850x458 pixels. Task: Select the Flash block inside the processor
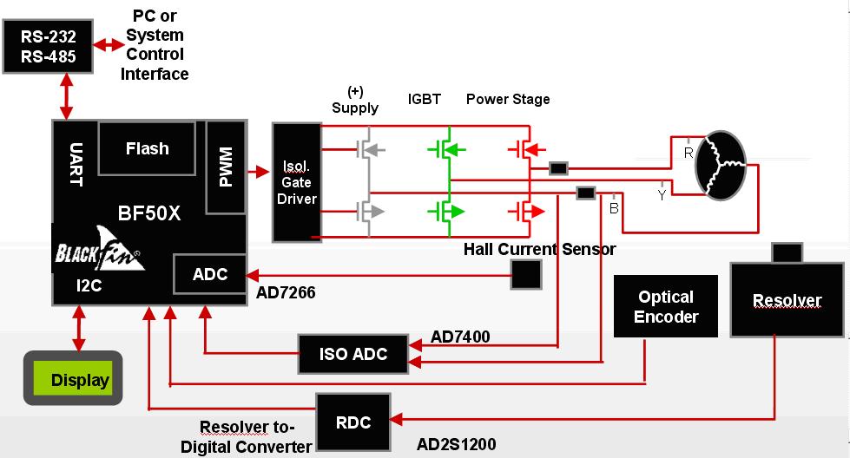click(x=147, y=148)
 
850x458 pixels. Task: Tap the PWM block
click(x=226, y=167)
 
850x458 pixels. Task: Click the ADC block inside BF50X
click(x=209, y=274)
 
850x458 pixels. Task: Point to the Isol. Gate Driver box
click(x=296, y=182)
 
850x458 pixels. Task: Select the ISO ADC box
click(x=353, y=353)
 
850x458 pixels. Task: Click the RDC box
click(x=353, y=422)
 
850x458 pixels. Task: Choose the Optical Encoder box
click(x=666, y=306)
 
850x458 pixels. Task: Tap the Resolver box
click(x=787, y=301)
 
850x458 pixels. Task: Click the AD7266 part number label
click(x=286, y=293)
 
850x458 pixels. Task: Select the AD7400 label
click(x=460, y=337)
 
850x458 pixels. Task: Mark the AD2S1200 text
click(x=457, y=444)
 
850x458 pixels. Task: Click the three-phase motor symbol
click(x=722, y=167)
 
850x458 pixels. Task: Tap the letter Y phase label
click(x=662, y=194)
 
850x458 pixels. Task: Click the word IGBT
click(x=425, y=99)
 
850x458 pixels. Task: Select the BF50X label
click(x=149, y=213)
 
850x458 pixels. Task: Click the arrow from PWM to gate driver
click(x=259, y=173)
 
